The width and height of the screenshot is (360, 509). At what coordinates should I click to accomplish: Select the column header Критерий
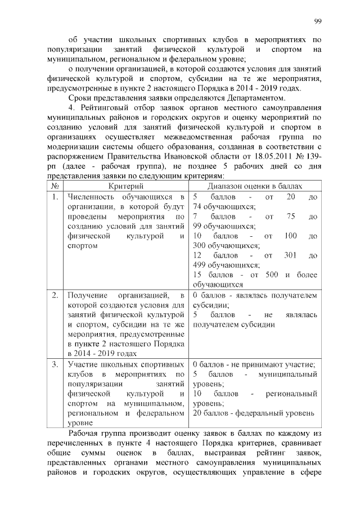coord(124,186)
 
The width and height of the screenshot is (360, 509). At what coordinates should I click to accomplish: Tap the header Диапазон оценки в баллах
coord(255,186)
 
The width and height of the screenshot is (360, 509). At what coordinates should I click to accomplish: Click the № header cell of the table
coord(55,186)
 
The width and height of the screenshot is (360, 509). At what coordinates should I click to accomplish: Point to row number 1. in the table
coord(55,197)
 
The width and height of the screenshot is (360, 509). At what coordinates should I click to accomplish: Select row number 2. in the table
coord(55,295)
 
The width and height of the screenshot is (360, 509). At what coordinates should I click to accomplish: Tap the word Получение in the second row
coord(88,295)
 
